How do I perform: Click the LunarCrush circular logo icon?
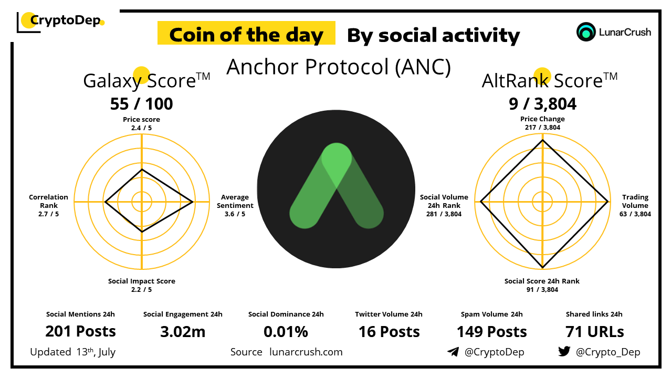[586, 32]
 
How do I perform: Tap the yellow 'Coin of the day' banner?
[246, 33]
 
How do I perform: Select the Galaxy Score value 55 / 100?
[141, 104]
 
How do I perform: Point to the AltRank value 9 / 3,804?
[542, 104]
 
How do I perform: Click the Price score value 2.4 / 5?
[141, 128]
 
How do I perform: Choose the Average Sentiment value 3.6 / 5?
[235, 214]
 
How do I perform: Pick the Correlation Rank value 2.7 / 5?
[48, 214]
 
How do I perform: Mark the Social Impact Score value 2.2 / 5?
[141, 289]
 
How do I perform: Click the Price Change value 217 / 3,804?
[542, 127]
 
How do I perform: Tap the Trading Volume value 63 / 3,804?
[635, 214]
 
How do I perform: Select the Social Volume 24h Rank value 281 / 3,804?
[444, 214]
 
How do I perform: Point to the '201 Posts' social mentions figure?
[80, 331]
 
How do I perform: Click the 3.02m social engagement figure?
[183, 332]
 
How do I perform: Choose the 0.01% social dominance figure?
[286, 332]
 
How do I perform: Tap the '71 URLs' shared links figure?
[595, 332]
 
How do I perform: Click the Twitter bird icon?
[564, 351]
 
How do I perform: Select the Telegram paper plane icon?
[453, 352]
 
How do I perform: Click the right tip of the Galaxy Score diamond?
[193, 202]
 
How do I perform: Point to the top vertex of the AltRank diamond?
[542, 140]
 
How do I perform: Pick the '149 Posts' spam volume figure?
[492, 332]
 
